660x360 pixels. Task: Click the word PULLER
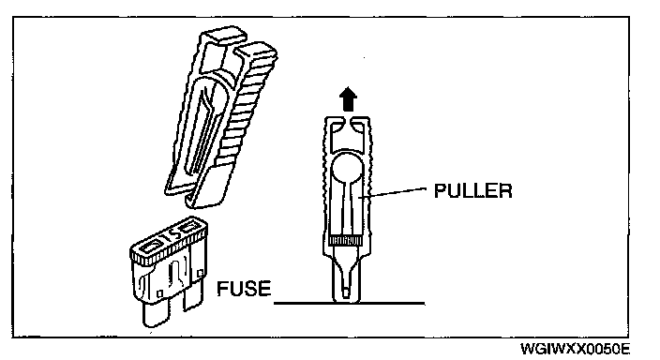coord(472,190)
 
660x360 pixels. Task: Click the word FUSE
coord(244,289)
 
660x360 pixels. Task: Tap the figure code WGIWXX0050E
coord(576,349)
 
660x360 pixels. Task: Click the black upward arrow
coord(348,98)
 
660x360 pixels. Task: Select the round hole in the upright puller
coord(347,169)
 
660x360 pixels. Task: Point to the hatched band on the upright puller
coord(345,240)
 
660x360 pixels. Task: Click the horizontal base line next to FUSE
coord(350,303)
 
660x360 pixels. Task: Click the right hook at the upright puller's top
coord(360,124)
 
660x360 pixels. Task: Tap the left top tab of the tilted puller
coord(221,36)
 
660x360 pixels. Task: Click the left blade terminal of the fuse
coord(156,314)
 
